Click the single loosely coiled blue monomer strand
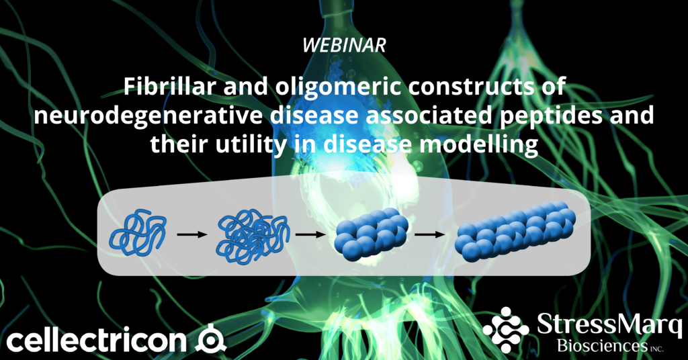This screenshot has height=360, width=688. point(139,233)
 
